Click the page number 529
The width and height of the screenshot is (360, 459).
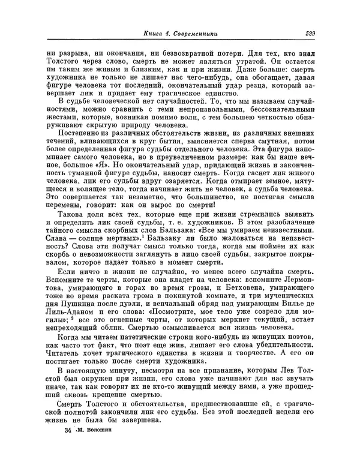310,34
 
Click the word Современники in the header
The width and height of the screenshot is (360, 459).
193,34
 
